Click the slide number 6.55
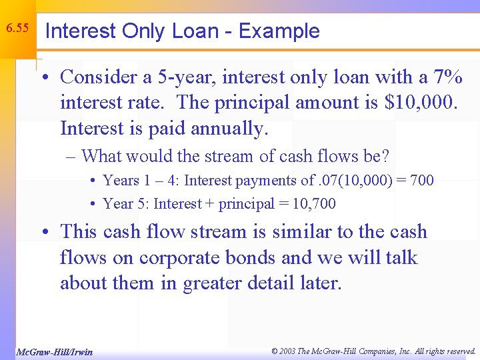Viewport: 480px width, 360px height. [x=17, y=29]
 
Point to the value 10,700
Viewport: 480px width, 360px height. [x=313, y=204]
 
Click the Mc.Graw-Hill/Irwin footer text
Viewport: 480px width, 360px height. [x=54, y=351]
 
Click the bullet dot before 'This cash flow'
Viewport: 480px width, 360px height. [x=47, y=233]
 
